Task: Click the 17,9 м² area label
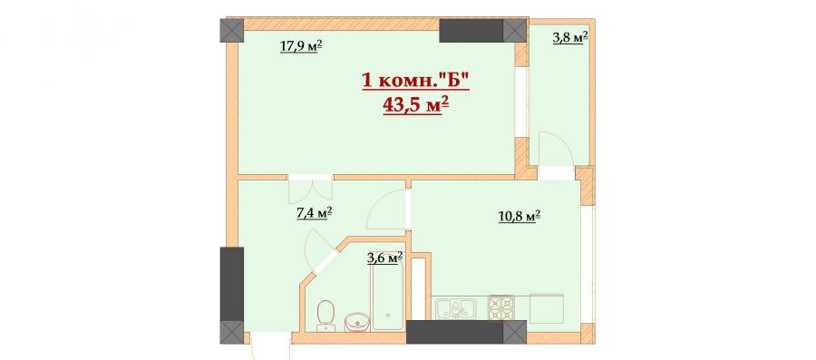pyautogui.click(x=301, y=47)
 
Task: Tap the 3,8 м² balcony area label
pyautogui.click(x=570, y=37)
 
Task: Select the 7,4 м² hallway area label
pyautogui.click(x=314, y=213)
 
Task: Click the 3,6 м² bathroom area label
pyautogui.click(x=385, y=258)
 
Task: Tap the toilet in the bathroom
pyautogui.click(x=325, y=315)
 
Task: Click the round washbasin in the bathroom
pyautogui.click(x=356, y=322)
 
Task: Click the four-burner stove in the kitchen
pyautogui.click(x=500, y=306)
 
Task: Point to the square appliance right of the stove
pyautogui.click(x=547, y=306)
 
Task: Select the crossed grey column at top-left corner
pyautogui.click(x=231, y=30)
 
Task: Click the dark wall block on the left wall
pyautogui.click(x=231, y=284)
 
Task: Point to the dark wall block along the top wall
pyautogui.click(x=471, y=30)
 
